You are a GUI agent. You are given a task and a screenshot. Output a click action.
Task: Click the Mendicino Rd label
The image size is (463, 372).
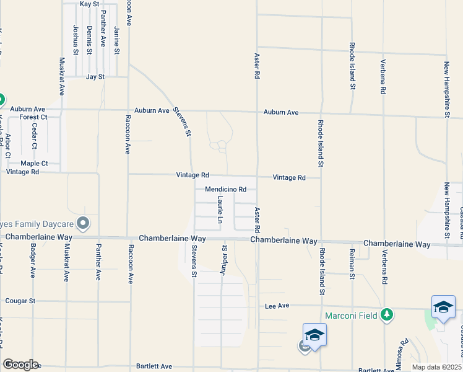pyautogui.click(x=226, y=189)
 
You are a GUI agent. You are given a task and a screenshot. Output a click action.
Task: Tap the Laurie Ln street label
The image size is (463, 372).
pyautogui.click(x=220, y=210)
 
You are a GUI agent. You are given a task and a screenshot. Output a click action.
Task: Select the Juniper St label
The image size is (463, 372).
pyautogui.click(x=224, y=257)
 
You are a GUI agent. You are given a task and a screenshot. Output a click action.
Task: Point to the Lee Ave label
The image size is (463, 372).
pyautogui.click(x=277, y=306)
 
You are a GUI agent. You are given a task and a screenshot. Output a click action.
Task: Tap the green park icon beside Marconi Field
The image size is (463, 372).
pyautogui.click(x=387, y=315)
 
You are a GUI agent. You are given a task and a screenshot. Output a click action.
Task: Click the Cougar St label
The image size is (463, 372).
pyautogui.click(x=20, y=301)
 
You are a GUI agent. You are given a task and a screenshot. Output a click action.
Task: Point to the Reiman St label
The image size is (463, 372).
pyautogui.click(x=352, y=260)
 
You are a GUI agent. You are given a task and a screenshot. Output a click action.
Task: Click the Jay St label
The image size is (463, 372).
pyautogui.click(x=95, y=77)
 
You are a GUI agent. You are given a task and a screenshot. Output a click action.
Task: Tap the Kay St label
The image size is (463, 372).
pyautogui.click(x=90, y=4)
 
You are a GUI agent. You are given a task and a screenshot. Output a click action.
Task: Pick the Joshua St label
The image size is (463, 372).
pyautogui.click(x=76, y=40)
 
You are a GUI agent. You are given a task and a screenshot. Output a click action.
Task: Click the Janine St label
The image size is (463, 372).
pyautogui.click(x=116, y=40)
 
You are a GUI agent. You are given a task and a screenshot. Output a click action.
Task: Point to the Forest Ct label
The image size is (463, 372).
pyautogui.click(x=33, y=117)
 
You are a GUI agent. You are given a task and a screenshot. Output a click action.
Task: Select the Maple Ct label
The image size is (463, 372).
pyautogui.click(x=34, y=164)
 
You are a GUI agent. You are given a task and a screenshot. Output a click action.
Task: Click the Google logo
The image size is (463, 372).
pyautogui.click(x=20, y=365)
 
